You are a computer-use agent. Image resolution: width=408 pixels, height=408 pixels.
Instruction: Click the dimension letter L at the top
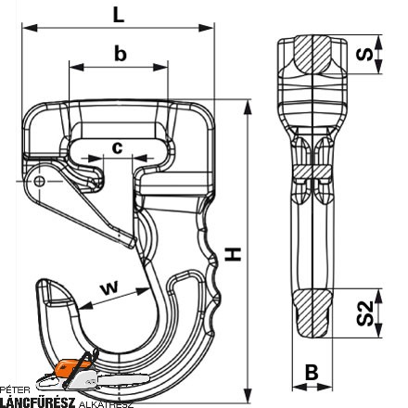[119, 15]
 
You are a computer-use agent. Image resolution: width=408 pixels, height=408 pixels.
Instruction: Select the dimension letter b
[121, 53]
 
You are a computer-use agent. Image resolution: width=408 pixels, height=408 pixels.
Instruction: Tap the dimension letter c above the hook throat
[117, 147]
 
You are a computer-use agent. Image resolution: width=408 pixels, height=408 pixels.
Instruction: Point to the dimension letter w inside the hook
[109, 287]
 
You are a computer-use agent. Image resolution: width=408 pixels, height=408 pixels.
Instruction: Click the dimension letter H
[233, 254]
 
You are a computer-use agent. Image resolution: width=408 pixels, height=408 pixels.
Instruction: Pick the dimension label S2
[365, 313]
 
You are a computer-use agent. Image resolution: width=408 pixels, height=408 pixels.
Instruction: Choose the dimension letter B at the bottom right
[312, 372]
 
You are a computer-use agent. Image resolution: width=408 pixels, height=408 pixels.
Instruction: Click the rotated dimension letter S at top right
[364, 54]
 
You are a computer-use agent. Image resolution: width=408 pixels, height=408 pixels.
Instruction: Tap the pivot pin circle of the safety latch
[39, 181]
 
